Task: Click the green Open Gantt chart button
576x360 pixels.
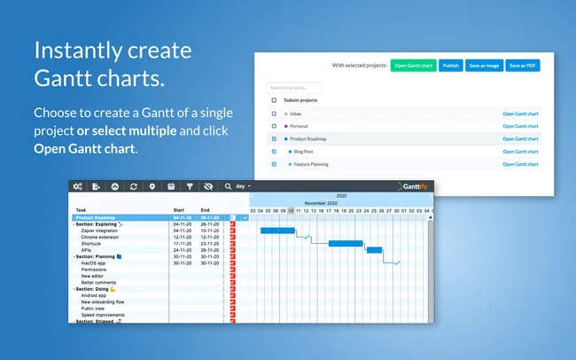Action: point(413,65)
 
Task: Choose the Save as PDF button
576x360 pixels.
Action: point(523,65)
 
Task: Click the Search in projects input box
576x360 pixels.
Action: point(295,88)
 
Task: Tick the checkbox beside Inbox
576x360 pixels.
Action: point(274,113)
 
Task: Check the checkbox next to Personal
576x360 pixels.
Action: point(274,126)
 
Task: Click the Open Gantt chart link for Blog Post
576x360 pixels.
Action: point(520,152)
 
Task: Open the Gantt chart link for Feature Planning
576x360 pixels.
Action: point(520,164)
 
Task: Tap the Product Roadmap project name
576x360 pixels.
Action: point(309,138)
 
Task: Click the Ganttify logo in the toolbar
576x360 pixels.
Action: point(413,186)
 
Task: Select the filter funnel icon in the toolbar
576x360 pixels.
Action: point(189,186)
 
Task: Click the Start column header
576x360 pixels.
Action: point(179,210)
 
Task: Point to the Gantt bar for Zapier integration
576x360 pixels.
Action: point(277,231)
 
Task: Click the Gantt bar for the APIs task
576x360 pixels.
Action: point(374,250)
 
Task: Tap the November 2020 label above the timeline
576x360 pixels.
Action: point(323,203)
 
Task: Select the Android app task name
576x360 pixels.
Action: point(94,295)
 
